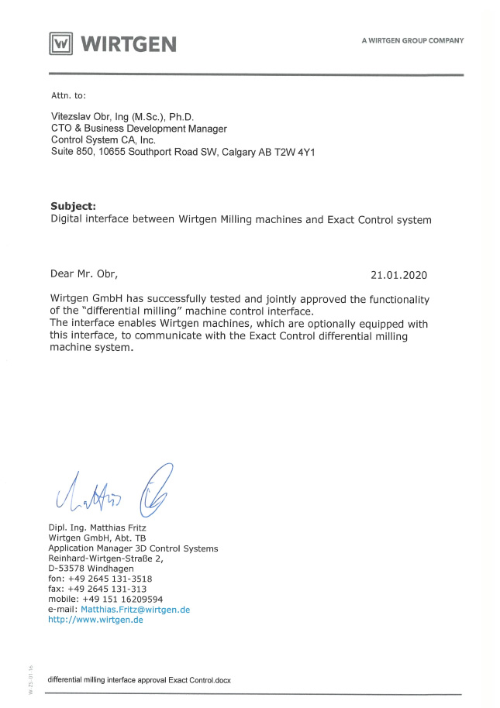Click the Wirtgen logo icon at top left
coord(61,43)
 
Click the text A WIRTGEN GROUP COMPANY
coord(412,40)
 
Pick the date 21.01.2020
coord(398,274)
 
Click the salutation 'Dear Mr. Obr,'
coord(84,274)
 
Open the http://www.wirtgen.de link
coord(95,619)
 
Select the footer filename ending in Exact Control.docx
coord(139,679)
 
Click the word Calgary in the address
coord(240,153)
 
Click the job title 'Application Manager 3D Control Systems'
coord(133,548)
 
